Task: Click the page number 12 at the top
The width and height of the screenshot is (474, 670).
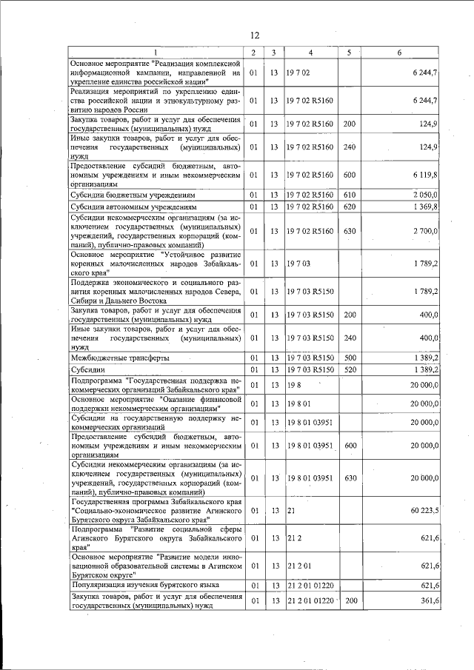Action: [x=255, y=36]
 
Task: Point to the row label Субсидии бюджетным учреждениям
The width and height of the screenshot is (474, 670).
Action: [x=133, y=194]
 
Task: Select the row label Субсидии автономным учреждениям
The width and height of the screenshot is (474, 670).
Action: [x=134, y=206]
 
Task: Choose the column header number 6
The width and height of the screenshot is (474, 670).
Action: [x=399, y=52]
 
